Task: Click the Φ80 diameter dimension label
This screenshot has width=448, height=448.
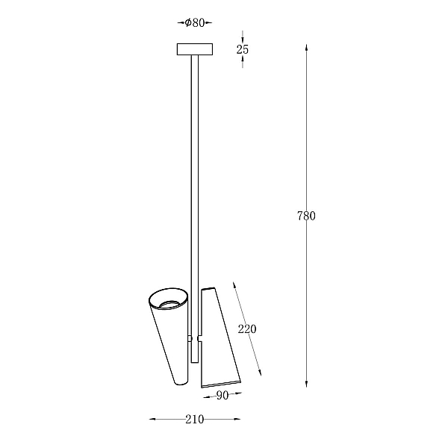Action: click(195, 22)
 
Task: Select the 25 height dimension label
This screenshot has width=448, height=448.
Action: click(242, 49)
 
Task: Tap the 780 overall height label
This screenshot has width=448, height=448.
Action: click(306, 216)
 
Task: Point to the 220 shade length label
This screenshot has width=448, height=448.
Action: click(247, 329)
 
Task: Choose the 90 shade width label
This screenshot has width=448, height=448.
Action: click(223, 395)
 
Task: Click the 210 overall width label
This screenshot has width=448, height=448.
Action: click(195, 419)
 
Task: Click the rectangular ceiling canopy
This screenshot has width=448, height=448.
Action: click(195, 49)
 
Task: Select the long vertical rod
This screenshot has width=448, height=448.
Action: click(195, 208)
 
